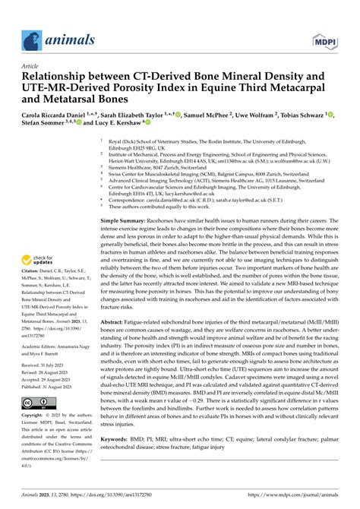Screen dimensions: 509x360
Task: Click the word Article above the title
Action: tap(33, 66)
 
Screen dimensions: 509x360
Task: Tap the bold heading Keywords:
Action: tap(116, 440)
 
